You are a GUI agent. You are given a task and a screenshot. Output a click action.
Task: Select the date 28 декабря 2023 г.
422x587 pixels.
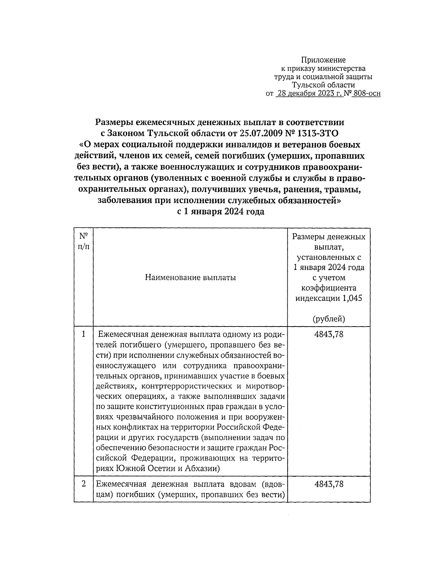pyautogui.click(x=309, y=94)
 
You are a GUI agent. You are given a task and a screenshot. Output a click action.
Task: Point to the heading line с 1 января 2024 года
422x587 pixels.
pyautogui.click(x=220, y=212)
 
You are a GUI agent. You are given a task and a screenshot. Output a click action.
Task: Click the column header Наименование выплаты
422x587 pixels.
pyautogui.click(x=190, y=278)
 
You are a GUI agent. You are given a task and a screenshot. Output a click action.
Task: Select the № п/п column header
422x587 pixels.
pyautogui.click(x=83, y=241)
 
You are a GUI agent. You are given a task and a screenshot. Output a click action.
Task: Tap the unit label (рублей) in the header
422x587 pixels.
pyautogui.click(x=328, y=319)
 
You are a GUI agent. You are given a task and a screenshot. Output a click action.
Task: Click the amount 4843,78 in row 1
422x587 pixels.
pyautogui.click(x=329, y=334)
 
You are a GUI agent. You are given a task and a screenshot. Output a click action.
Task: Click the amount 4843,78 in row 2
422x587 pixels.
pyautogui.click(x=329, y=484)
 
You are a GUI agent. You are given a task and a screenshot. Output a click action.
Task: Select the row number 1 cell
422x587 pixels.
pyautogui.click(x=83, y=334)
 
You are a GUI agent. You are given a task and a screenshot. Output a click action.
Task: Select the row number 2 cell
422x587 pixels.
pyautogui.click(x=83, y=484)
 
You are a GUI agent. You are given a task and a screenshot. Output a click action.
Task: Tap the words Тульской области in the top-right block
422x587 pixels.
pyautogui.click(x=323, y=85)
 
